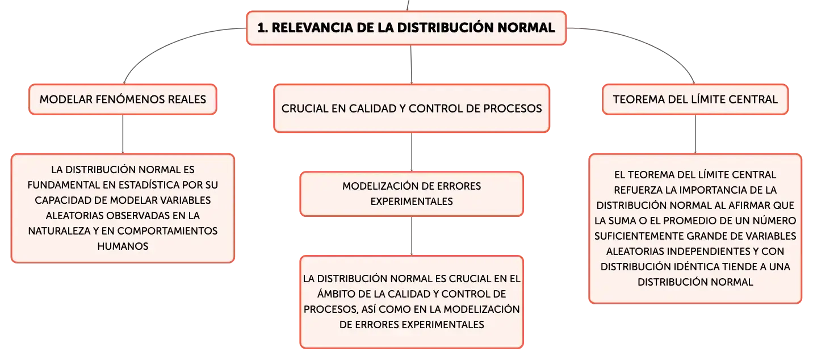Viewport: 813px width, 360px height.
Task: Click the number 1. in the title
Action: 263,28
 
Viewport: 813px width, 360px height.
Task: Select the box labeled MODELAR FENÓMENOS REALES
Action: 123,99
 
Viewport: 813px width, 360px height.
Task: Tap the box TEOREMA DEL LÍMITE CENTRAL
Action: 695,99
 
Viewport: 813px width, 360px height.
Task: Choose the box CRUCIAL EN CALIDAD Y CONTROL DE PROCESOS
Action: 412,108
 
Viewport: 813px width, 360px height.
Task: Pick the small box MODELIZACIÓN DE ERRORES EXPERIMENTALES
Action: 412,194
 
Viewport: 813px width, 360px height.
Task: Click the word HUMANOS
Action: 123,246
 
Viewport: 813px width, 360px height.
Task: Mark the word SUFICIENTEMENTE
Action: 639,236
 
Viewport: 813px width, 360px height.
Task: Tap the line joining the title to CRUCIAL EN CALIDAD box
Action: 411,65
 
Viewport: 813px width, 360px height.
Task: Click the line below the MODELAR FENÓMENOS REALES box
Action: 123,134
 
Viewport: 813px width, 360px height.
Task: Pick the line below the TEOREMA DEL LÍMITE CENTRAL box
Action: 695,134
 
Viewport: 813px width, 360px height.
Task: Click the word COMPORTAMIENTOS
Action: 167,231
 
